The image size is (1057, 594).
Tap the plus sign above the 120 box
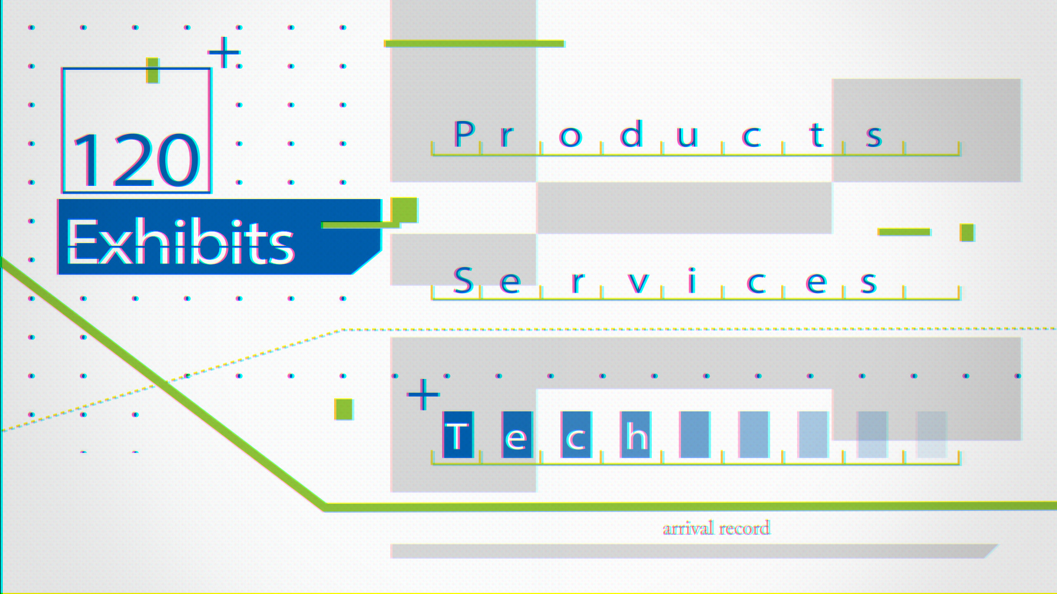(224, 53)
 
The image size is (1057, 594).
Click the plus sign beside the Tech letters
(423, 394)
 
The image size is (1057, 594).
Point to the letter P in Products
(464, 134)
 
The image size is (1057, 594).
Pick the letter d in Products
(631, 134)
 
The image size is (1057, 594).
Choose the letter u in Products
(687, 136)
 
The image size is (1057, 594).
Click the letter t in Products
(816, 135)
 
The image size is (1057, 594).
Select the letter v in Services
(638, 282)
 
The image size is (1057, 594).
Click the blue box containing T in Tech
(457, 435)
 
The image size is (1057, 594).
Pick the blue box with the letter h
(636, 435)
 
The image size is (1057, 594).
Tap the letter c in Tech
(576, 435)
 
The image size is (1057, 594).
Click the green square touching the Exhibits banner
(404, 210)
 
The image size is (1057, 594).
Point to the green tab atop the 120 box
(152, 70)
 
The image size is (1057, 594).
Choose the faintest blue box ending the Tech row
(931, 435)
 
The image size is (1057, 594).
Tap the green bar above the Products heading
(474, 43)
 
